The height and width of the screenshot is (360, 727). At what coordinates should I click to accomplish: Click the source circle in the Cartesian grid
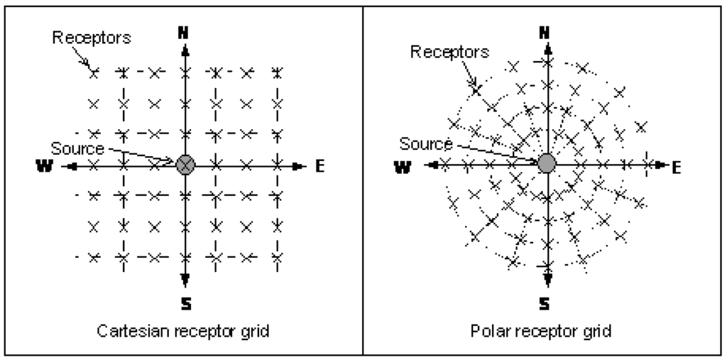click(x=185, y=165)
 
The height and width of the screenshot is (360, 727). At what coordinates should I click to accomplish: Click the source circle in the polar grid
click(x=546, y=164)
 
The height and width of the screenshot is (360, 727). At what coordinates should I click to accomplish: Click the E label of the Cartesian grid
click(x=319, y=165)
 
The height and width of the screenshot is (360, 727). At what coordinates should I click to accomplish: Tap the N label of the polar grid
click(x=545, y=32)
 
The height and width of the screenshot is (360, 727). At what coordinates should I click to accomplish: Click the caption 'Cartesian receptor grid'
click(x=184, y=332)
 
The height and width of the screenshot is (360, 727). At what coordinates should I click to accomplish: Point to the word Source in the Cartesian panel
click(x=77, y=148)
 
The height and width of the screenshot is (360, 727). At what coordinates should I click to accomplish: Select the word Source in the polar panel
click(x=426, y=144)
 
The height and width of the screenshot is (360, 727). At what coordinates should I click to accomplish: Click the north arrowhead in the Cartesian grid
click(x=185, y=50)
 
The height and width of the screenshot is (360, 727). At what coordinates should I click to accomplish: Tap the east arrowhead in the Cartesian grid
click(x=301, y=165)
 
